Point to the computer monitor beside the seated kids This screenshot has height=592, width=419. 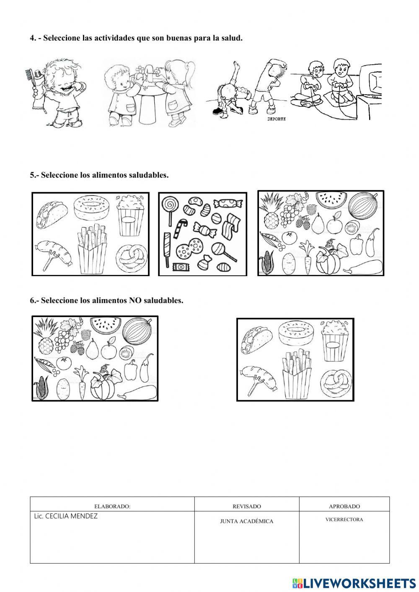click(x=370, y=82)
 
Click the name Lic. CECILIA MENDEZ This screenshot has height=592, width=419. click(x=65, y=516)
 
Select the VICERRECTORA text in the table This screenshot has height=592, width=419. click(x=344, y=520)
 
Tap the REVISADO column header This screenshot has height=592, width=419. click(x=246, y=506)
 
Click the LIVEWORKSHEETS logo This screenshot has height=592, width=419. click(x=354, y=583)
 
